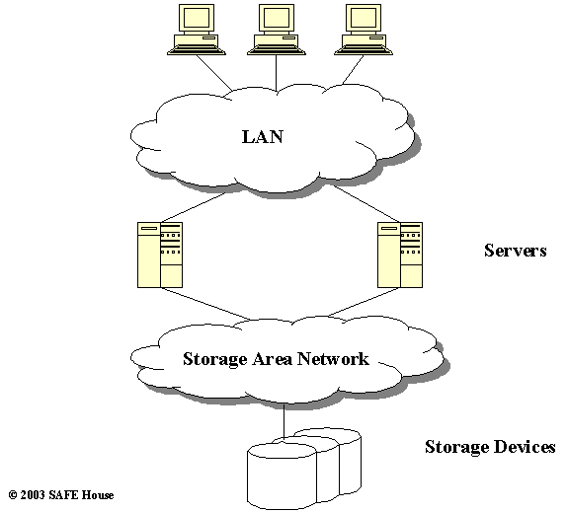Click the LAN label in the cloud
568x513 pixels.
pyautogui.click(x=263, y=137)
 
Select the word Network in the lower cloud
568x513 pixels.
pyautogui.click(x=333, y=358)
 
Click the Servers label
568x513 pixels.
pyautogui.click(x=515, y=251)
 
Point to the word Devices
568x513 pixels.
pyautogui.click(x=524, y=447)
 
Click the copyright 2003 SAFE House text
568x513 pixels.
pyautogui.click(x=61, y=494)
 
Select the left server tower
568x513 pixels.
pyautogui.click(x=160, y=255)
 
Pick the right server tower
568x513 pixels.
pyautogui.click(x=400, y=255)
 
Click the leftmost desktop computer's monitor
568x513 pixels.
pyautogui.click(x=197, y=18)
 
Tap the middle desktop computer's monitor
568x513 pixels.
pyautogui.click(x=277, y=18)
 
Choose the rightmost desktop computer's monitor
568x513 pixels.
pyautogui.click(x=364, y=18)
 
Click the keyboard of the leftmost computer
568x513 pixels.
pyautogui.click(x=197, y=51)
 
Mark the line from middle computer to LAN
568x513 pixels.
pyautogui.click(x=277, y=73)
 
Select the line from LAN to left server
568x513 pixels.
pyautogui.click(x=194, y=207)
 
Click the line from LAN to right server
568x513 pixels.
pyautogui.click(x=365, y=203)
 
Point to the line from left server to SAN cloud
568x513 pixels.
pyautogui.click(x=205, y=304)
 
